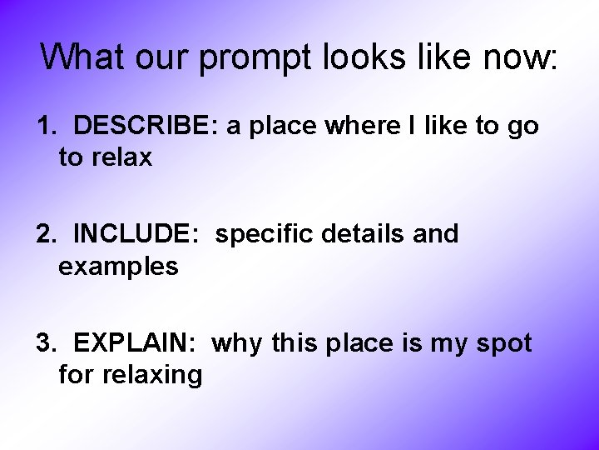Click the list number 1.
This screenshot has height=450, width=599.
click(45, 126)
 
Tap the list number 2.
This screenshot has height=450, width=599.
click(45, 234)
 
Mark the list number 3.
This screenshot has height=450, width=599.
click(45, 342)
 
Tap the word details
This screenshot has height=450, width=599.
click(368, 234)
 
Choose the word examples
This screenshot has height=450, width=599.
click(118, 267)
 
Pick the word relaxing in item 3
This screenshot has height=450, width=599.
click(152, 375)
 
